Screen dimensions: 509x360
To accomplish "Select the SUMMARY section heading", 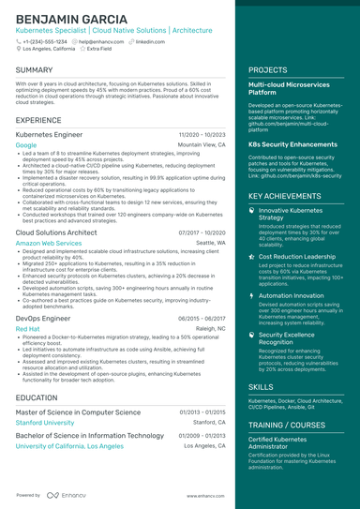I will pyautogui.click(x=35, y=70).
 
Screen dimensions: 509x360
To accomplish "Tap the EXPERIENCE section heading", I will pyautogui.click(x=39, y=120).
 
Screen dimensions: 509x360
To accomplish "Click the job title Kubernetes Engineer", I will pyautogui.click(x=50, y=135).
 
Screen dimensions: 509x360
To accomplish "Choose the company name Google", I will pyautogui.click(x=26, y=145).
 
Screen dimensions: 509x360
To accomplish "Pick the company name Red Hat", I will pyautogui.click(x=28, y=329).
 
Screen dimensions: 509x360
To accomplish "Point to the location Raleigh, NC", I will pyautogui.click(x=210, y=329).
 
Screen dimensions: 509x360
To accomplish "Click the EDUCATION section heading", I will pyautogui.click(x=37, y=397).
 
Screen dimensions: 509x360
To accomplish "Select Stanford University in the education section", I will pyautogui.click(x=46, y=423).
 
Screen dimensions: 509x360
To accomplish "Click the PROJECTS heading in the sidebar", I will pyautogui.click(x=268, y=70).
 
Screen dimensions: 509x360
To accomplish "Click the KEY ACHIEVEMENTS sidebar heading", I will pyautogui.click(x=286, y=196).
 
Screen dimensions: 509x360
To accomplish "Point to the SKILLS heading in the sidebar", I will pyautogui.click(x=261, y=386).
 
